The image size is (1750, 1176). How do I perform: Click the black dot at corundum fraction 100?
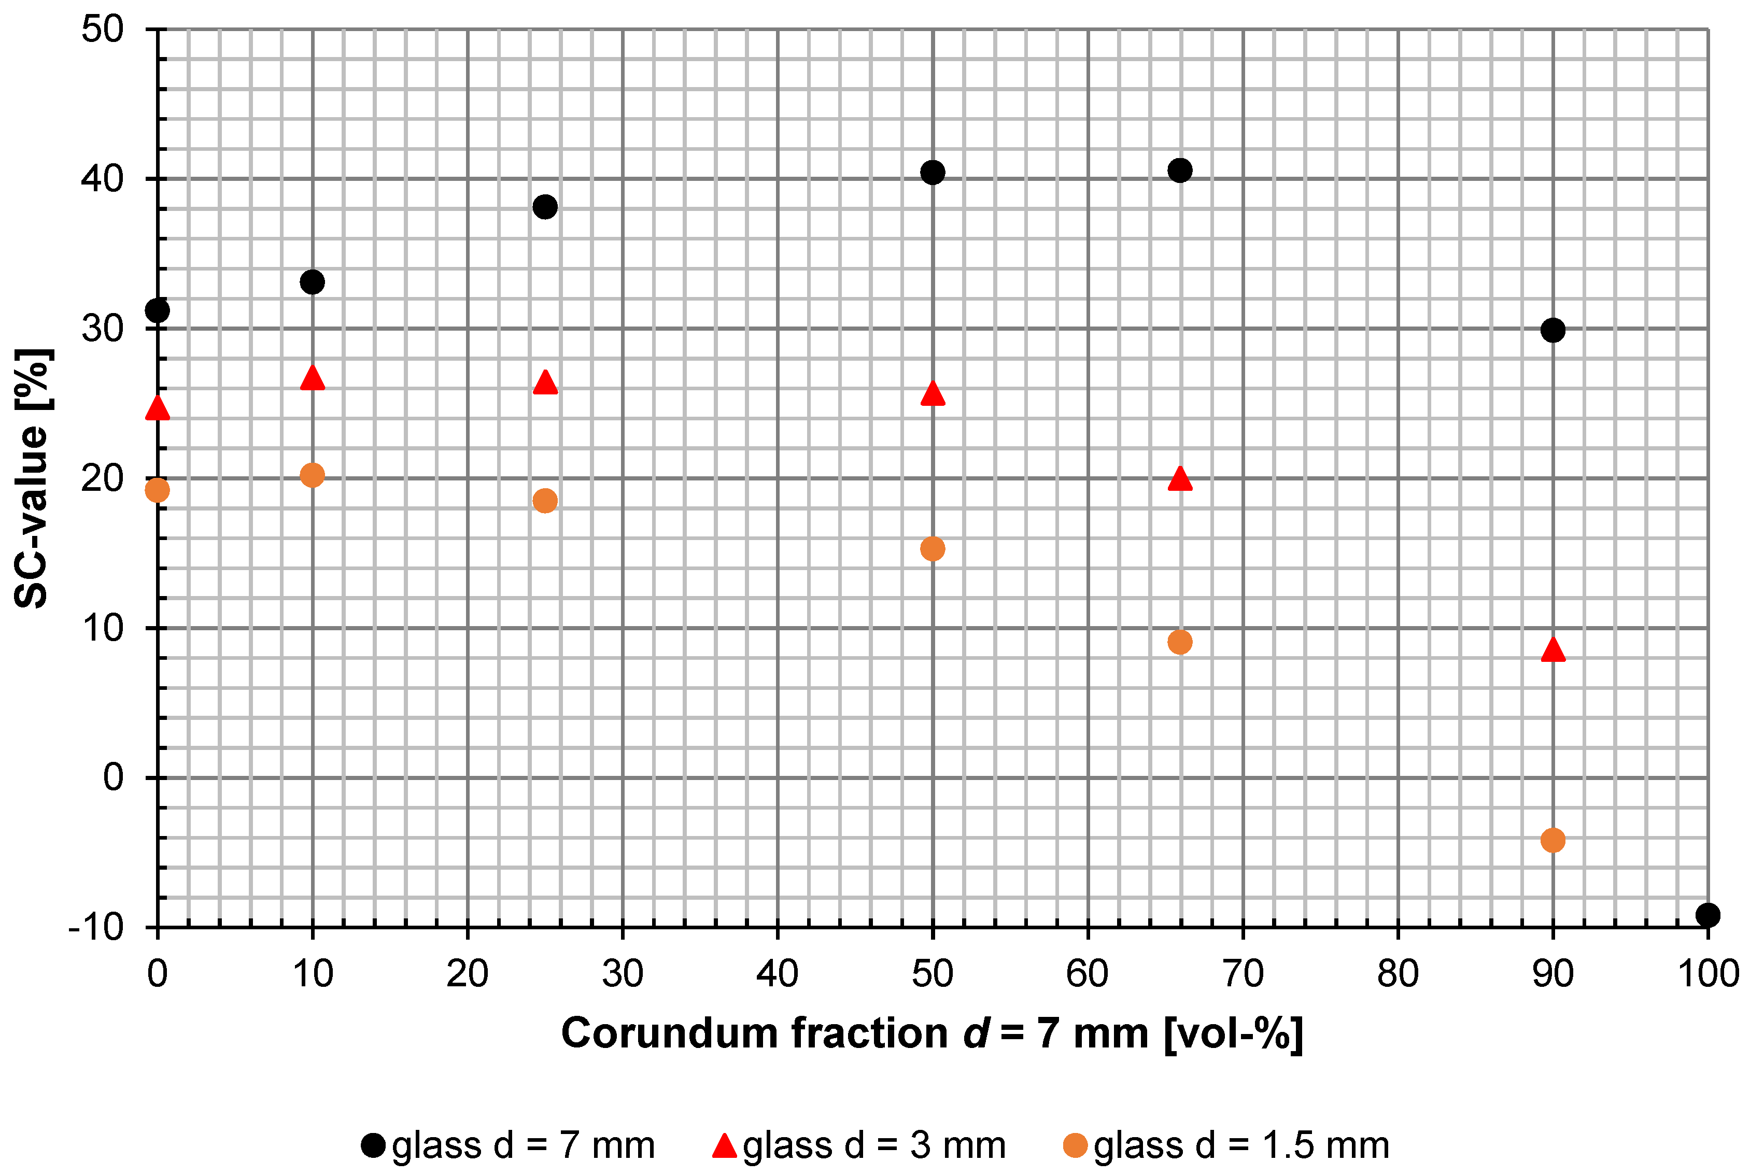[1707, 915]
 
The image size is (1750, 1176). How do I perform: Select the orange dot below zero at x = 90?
[1552, 840]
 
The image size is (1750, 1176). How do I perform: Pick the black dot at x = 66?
[1180, 170]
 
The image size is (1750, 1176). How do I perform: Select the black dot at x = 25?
[545, 206]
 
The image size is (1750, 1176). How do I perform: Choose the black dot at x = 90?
[1552, 330]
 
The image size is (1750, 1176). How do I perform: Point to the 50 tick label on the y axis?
[102, 30]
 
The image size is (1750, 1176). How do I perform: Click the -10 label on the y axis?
[95, 928]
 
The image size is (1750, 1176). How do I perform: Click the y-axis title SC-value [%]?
[32, 478]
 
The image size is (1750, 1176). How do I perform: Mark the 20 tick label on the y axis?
[102, 478]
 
